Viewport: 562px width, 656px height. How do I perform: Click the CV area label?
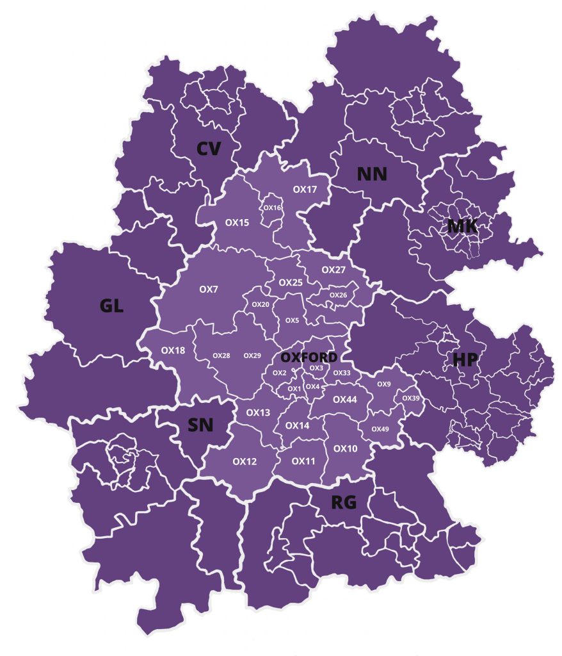point(209,149)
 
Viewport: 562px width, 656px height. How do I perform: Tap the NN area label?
point(372,174)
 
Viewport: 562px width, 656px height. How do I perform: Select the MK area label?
point(463,225)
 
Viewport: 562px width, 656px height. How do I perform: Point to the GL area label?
point(111,306)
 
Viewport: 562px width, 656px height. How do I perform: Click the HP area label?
point(465,359)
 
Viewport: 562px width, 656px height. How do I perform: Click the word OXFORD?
point(309,357)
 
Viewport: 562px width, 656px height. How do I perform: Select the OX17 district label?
point(305,190)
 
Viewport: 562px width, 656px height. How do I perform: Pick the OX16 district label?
point(273,208)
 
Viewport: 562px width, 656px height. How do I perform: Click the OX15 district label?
point(237,222)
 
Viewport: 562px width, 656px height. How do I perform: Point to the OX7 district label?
point(209,290)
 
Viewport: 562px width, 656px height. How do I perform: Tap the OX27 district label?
point(333,270)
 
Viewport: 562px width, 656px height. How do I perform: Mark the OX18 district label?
point(173,350)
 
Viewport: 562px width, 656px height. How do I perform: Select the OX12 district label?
point(245,461)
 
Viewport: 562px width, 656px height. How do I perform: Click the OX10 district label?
point(346,448)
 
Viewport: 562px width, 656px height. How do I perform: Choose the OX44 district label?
point(345,399)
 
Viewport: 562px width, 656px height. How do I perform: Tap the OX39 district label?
point(411,398)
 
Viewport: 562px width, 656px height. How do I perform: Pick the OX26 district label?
point(338,295)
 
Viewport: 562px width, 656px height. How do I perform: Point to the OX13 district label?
point(258,413)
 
